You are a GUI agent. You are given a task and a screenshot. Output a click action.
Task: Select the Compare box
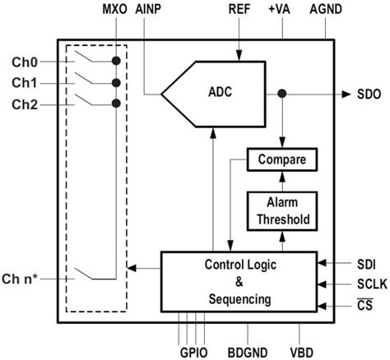tap(282, 159)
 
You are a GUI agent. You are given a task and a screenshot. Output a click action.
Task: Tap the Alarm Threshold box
tap(282, 211)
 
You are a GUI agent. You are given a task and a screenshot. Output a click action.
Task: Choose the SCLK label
tap(366, 285)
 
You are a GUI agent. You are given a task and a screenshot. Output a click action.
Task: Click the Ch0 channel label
tap(25, 62)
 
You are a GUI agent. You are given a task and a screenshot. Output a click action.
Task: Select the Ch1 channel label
tap(25, 83)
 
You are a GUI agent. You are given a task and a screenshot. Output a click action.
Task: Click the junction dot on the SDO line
tap(282, 94)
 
